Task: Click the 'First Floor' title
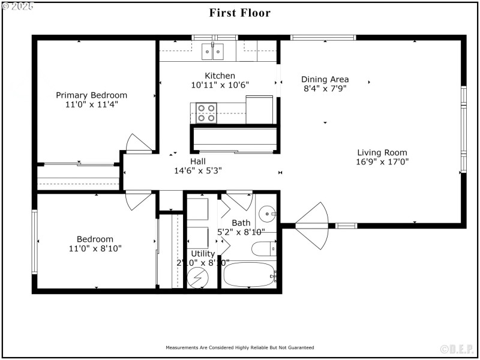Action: click(x=239, y=13)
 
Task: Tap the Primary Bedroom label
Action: click(x=92, y=95)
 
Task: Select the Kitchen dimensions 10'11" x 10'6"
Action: click(x=220, y=85)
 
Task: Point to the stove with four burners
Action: click(x=206, y=113)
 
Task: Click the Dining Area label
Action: click(x=325, y=79)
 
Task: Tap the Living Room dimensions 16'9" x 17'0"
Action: click(x=382, y=161)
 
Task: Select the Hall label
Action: click(x=198, y=161)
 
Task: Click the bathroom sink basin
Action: click(x=267, y=213)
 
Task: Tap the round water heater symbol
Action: click(x=197, y=277)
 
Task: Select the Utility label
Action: click(x=203, y=254)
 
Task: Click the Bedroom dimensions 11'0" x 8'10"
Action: click(x=94, y=248)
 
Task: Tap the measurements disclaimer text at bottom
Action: click(x=239, y=347)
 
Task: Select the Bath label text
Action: click(x=241, y=223)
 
